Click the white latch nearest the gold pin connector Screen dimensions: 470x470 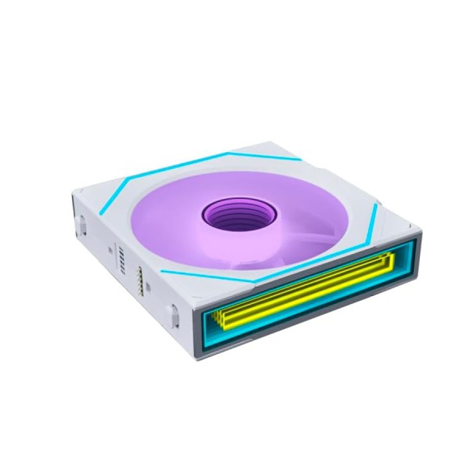pos(172,313)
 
